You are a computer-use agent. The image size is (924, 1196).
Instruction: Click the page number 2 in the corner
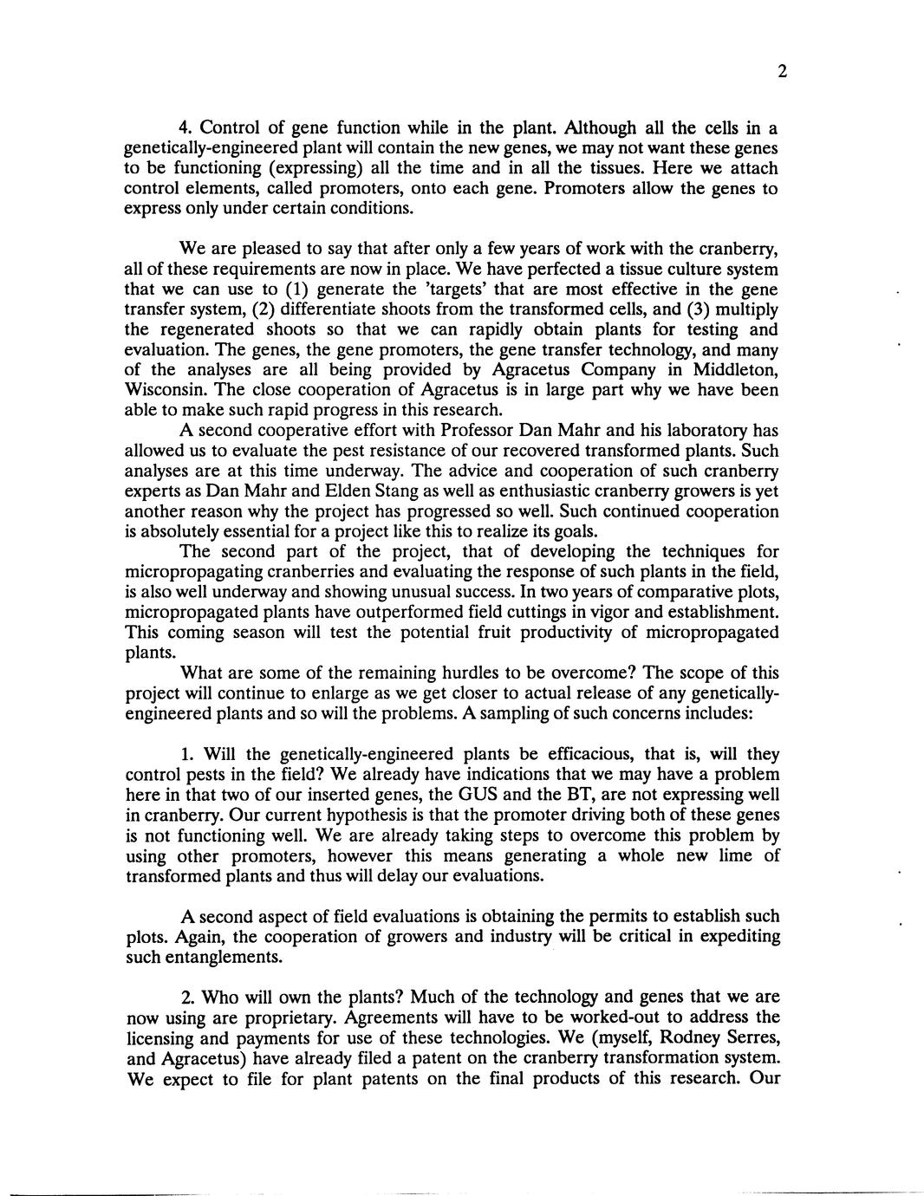click(x=782, y=73)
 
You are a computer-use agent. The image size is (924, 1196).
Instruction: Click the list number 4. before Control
click(x=186, y=127)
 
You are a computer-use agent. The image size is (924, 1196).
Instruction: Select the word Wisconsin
click(x=166, y=390)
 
